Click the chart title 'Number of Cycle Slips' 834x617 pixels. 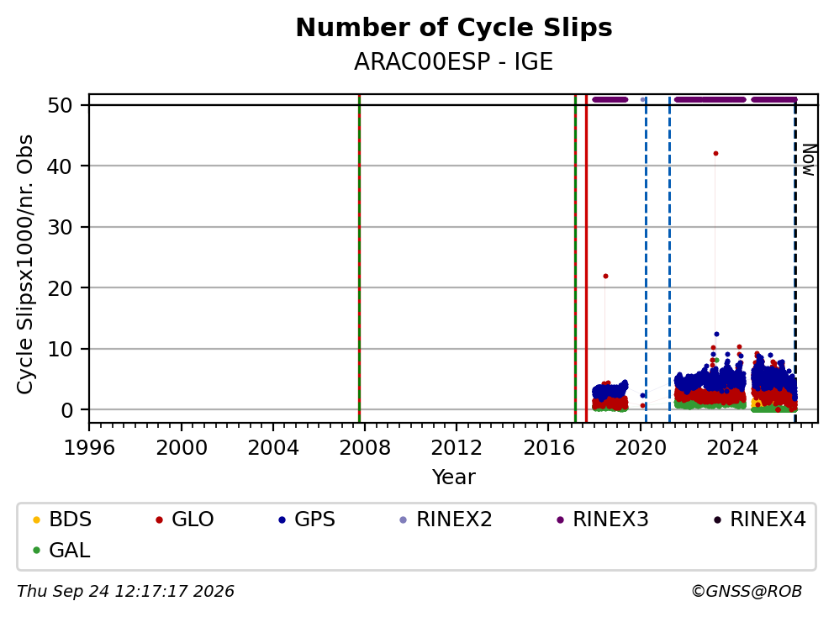[x=454, y=28]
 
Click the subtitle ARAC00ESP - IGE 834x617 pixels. [x=454, y=61]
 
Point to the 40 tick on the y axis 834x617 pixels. [x=60, y=166]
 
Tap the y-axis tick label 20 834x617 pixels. [x=60, y=288]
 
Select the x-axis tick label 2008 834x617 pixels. [x=364, y=448]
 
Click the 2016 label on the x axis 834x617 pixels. [x=548, y=448]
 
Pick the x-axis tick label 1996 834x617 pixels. [x=89, y=448]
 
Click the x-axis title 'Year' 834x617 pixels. [x=454, y=477]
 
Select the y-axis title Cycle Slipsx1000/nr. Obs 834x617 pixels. [x=25, y=264]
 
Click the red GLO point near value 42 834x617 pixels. [x=715, y=153]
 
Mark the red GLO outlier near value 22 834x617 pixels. [x=605, y=276]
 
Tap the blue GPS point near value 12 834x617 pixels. [x=716, y=334]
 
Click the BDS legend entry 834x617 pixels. [x=62, y=519]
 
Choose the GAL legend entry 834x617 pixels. [x=61, y=550]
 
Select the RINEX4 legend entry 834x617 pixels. [x=760, y=519]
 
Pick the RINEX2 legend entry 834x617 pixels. [x=446, y=519]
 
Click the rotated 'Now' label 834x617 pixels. [x=809, y=160]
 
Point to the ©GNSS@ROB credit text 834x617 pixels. [x=747, y=592]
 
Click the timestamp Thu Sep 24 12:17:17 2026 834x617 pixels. [x=125, y=592]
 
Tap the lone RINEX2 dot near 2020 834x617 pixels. [x=642, y=99]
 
